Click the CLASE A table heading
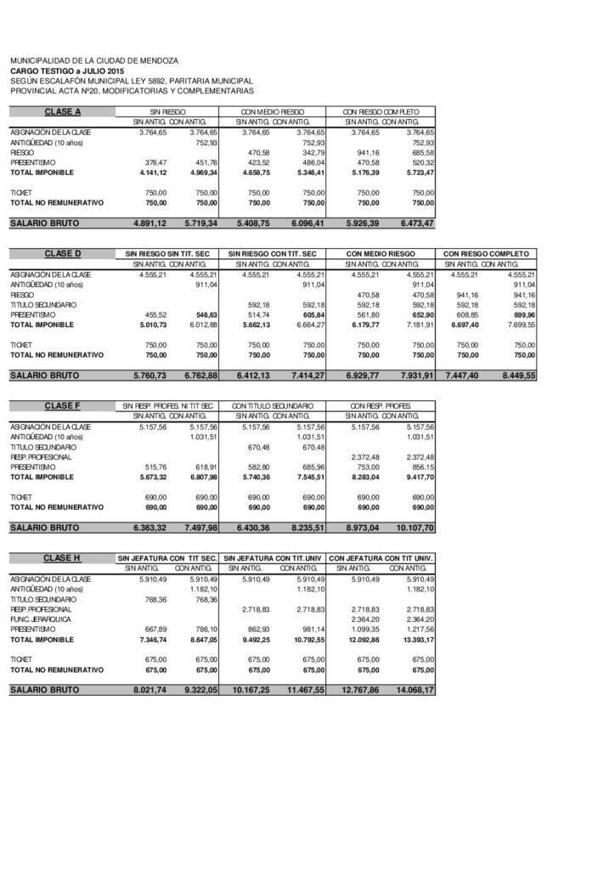tap(63, 112)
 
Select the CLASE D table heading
tap(63, 254)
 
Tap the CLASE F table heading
tap(63, 406)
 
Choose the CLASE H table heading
tap(63, 557)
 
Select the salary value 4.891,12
tap(149, 223)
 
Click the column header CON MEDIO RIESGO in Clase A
tap(272, 112)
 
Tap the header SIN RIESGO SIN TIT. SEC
tap(166, 254)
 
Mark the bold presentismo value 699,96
tap(521, 314)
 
